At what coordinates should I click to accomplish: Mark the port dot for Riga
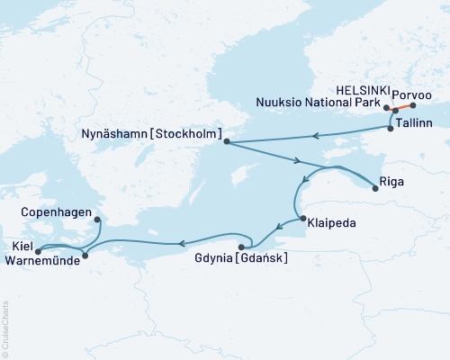376,188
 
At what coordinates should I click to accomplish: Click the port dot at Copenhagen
97,217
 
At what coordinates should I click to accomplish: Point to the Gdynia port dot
241,247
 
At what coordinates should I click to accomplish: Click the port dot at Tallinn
390,128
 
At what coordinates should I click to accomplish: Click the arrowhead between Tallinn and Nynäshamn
316,137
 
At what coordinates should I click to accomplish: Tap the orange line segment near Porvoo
404,107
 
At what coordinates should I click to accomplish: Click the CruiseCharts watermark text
4,328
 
